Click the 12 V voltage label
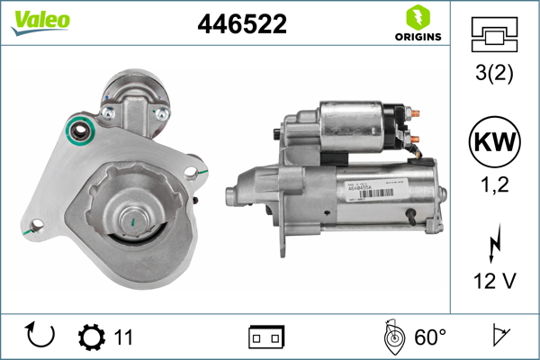pos(495,282)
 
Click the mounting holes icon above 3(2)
pos(495,35)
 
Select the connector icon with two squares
pos(266,337)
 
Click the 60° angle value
pos(430,337)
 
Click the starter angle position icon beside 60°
pos(391,337)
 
